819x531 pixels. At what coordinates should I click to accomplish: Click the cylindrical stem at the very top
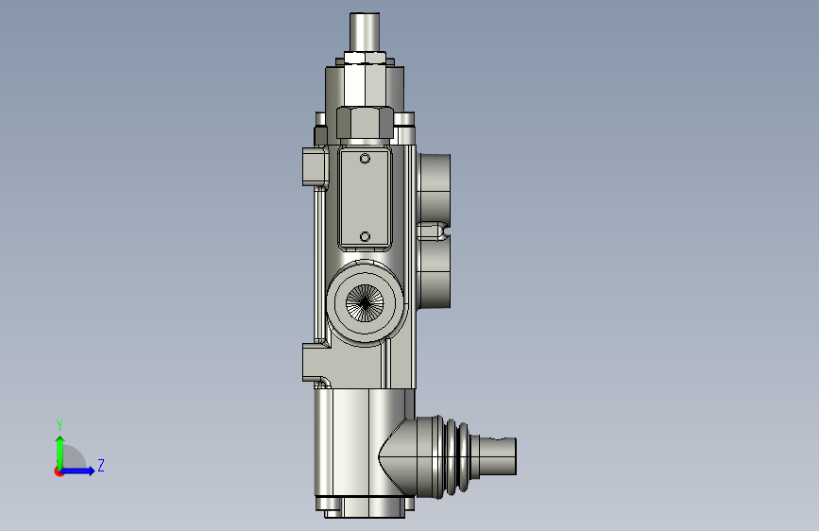tap(365, 32)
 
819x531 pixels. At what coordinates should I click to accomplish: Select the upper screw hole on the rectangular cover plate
tap(366, 159)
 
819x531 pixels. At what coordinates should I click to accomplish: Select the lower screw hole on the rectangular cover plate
tap(366, 237)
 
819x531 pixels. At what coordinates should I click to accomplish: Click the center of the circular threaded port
tap(365, 302)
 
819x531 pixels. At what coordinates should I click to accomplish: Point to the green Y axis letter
tap(60, 425)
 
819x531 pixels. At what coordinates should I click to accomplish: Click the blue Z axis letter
tap(101, 465)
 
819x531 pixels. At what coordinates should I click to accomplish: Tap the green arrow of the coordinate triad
tap(60, 453)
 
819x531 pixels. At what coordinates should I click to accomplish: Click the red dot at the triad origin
tap(59, 471)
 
